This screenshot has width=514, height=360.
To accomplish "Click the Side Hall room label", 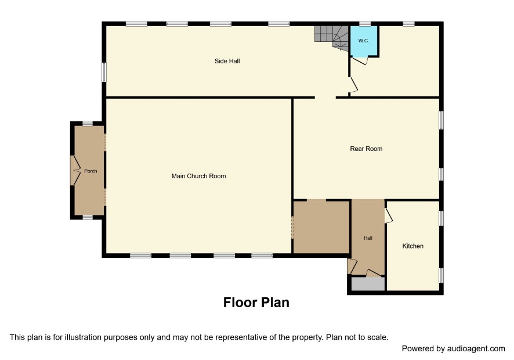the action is tap(227, 61).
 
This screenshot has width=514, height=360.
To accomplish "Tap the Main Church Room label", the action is tap(198, 177).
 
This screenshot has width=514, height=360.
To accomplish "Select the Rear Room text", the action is tap(366, 149).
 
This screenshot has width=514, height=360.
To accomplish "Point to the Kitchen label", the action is tap(412, 246).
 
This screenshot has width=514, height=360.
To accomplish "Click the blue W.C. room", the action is tap(364, 41).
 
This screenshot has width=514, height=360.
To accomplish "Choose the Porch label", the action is tap(91, 171).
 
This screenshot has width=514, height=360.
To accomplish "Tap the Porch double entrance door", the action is tap(76, 170).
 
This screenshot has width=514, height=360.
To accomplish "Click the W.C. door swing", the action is tap(360, 61).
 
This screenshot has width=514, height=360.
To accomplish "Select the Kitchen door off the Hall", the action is tap(389, 215).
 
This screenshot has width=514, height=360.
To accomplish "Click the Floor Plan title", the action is tap(256, 303).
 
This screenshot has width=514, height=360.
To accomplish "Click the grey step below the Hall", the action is tap(368, 284).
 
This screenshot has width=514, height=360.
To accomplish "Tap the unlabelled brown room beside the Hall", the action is tap(321, 227).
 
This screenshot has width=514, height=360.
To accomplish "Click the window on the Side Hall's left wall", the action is tap(104, 72).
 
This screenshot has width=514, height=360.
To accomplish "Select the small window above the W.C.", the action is tap(365, 24).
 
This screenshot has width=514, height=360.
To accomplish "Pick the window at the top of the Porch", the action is tap(88, 124).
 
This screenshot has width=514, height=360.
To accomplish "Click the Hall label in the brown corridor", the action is tap(368, 238).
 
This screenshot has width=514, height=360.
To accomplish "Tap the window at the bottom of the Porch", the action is tap(88, 217).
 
